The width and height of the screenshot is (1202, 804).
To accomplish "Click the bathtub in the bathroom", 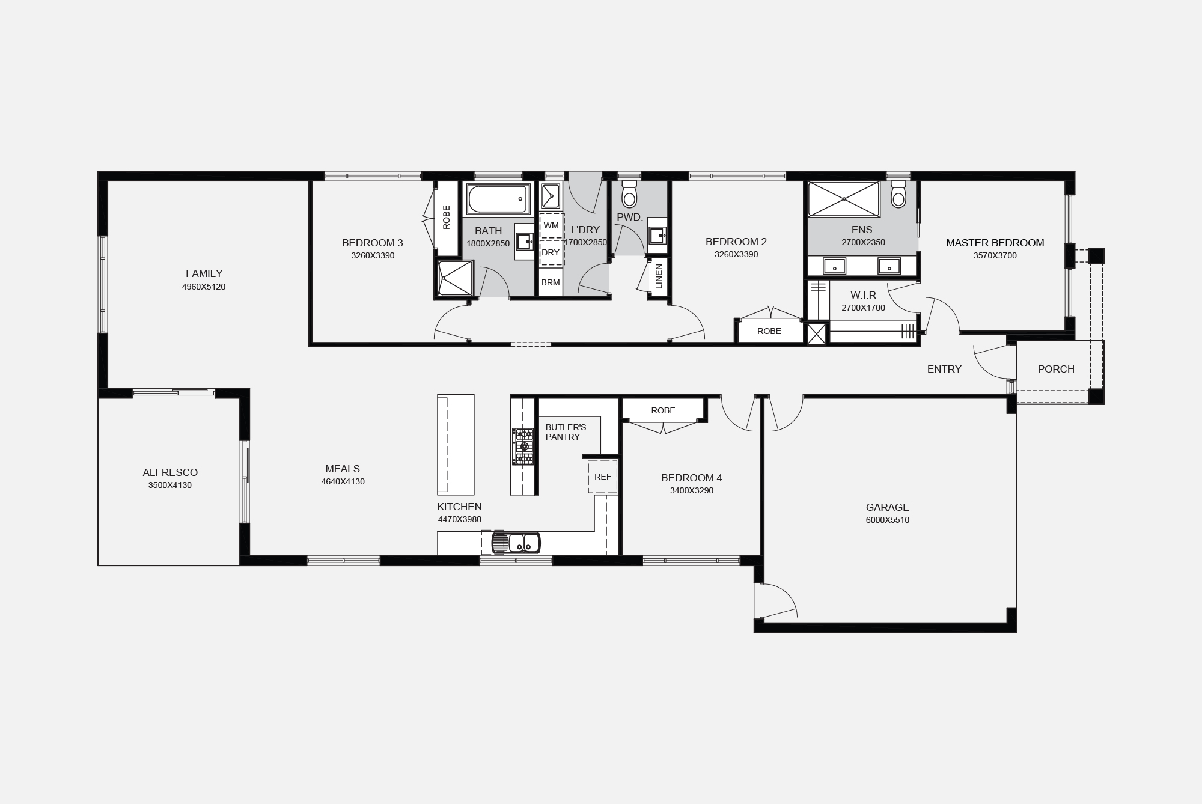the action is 498,199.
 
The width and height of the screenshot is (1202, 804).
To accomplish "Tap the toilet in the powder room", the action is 629,193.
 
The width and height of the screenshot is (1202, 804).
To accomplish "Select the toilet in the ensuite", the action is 898,193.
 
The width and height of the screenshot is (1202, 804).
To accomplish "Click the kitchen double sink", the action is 516,543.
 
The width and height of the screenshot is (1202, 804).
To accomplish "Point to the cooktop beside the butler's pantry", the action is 523,446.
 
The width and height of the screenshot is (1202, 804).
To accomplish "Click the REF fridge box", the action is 603,477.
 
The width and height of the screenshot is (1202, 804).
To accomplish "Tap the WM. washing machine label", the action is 552,225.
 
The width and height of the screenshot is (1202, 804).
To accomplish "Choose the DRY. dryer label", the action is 551,252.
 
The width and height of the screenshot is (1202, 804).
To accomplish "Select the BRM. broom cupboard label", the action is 551,282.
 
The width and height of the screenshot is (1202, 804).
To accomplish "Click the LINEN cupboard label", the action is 659,276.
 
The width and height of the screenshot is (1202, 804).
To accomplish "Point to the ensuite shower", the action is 844,199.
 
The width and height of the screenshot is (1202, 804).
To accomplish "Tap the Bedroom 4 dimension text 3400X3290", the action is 692,490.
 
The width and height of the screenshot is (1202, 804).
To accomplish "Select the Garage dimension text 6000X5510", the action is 888,520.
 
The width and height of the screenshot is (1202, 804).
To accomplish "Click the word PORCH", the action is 1056,369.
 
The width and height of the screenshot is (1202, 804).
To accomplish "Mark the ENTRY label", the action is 944,369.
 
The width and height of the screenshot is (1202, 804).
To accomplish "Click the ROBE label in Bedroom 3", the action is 447,218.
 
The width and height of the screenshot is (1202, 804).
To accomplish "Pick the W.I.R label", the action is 863,295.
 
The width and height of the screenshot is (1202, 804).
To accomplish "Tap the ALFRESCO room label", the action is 170,472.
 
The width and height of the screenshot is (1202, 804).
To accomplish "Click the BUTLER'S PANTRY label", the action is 566,432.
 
